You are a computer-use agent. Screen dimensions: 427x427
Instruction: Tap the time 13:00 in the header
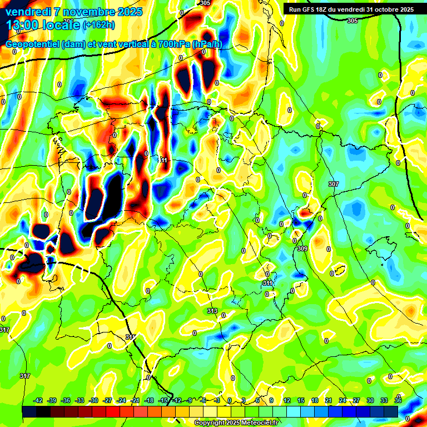[x=21, y=24]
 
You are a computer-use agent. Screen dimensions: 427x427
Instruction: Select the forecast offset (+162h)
[x=100, y=25]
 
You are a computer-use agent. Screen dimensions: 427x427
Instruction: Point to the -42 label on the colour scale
[x=38, y=400]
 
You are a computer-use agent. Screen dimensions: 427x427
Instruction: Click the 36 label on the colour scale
[x=398, y=400]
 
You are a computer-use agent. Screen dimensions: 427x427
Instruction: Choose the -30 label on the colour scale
[x=93, y=400]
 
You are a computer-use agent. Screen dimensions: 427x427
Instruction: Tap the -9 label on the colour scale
[x=189, y=400]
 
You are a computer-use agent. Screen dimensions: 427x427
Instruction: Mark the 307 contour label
[x=333, y=184]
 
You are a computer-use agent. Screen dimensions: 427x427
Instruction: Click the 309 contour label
[x=302, y=249]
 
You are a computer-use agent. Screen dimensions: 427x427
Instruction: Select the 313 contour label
[x=212, y=311]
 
